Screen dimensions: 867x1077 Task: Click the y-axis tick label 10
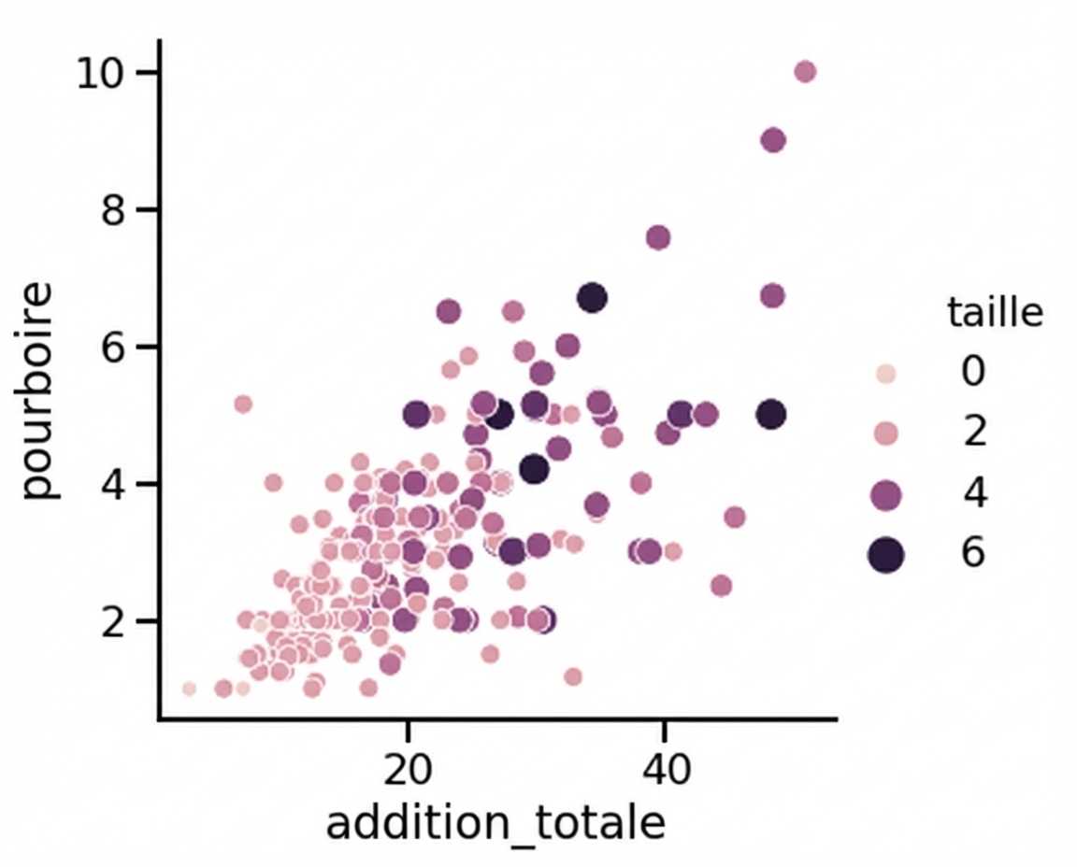coord(102,73)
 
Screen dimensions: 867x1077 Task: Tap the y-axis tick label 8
coord(114,210)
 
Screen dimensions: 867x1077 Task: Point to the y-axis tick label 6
coord(114,347)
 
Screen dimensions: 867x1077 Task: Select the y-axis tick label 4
coord(114,484)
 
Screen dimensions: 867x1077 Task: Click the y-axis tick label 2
coord(114,621)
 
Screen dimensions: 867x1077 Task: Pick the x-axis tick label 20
coord(407,772)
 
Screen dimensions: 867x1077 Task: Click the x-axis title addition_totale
coord(495,824)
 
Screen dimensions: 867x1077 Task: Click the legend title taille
coord(995,313)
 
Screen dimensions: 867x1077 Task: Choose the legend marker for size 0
coord(885,374)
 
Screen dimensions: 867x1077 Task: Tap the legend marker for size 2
coord(884,433)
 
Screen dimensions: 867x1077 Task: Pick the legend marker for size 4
coord(884,495)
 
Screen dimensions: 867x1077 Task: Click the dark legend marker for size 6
coord(884,555)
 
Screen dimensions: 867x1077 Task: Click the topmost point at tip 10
coord(804,72)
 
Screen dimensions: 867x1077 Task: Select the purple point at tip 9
coord(773,140)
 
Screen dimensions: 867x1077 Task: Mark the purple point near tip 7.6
coord(658,237)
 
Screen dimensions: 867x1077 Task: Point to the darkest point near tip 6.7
coord(592,299)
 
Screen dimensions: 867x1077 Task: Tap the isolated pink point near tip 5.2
coord(243,404)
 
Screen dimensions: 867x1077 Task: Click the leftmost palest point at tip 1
coord(189,689)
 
